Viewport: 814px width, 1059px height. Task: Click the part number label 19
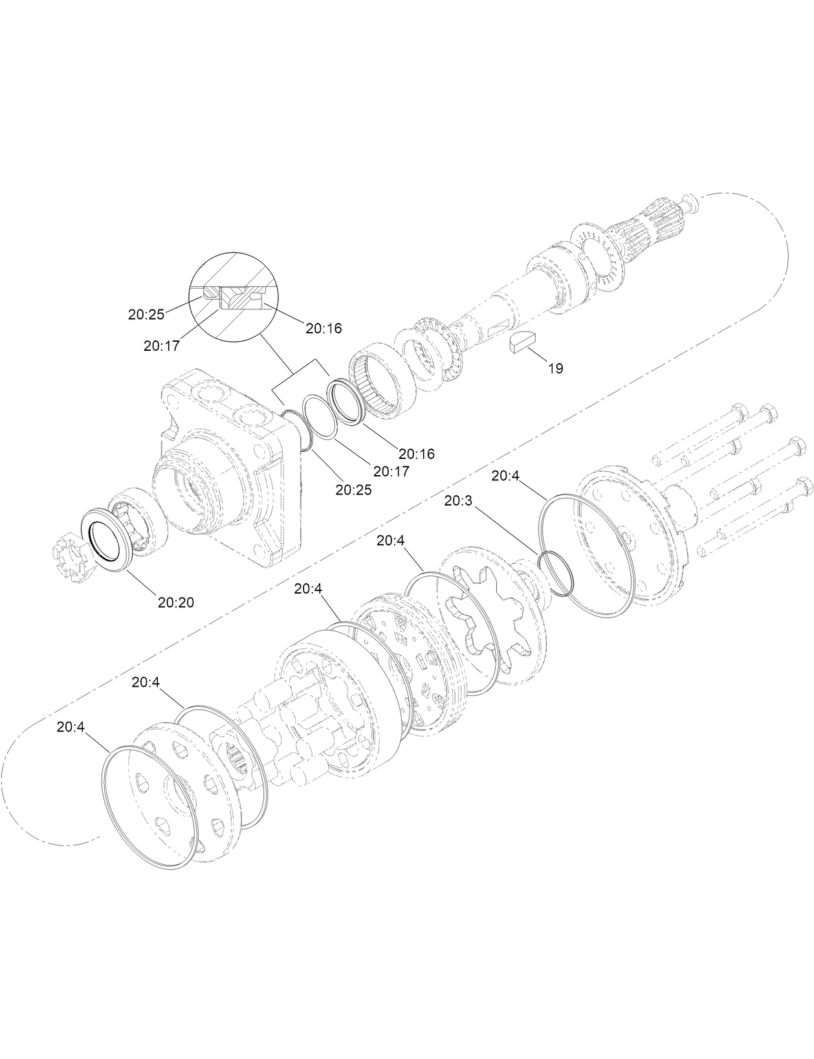click(555, 368)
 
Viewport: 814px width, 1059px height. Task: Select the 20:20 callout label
click(175, 602)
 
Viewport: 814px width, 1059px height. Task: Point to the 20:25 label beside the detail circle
click(146, 315)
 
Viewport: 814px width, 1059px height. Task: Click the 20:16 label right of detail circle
click(324, 328)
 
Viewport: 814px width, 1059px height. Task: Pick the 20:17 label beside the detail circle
click(161, 346)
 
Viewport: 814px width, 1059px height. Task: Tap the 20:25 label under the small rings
click(353, 489)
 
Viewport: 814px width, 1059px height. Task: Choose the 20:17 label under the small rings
click(391, 471)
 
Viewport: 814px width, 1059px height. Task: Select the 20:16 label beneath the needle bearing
click(417, 454)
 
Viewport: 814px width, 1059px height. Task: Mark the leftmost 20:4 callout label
click(71, 726)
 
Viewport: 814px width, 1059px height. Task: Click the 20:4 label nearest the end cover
click(505, 476)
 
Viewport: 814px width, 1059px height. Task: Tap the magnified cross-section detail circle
click(232, 296)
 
